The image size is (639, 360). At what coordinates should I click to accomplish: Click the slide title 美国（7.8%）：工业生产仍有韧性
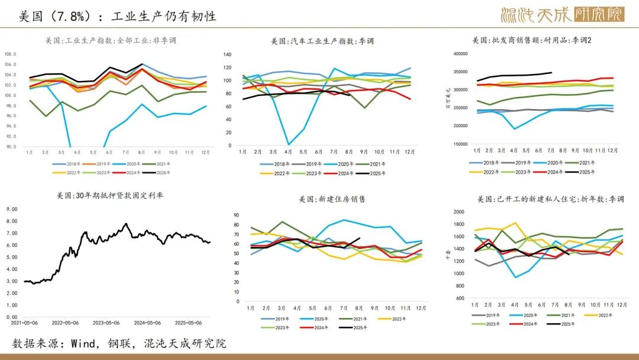118,16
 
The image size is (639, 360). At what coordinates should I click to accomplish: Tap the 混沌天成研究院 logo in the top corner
562,14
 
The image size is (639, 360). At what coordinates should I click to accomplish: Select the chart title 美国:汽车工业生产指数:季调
322,41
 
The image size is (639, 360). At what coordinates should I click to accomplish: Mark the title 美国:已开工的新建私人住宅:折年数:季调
550,199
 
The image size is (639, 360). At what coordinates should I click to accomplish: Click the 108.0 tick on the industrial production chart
11,54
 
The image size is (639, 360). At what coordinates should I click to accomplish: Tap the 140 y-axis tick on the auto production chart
228,54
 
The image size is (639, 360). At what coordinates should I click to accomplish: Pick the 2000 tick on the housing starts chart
459,212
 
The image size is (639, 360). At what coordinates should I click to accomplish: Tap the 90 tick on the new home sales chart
237,216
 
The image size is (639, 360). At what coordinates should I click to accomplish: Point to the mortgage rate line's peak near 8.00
125,223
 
